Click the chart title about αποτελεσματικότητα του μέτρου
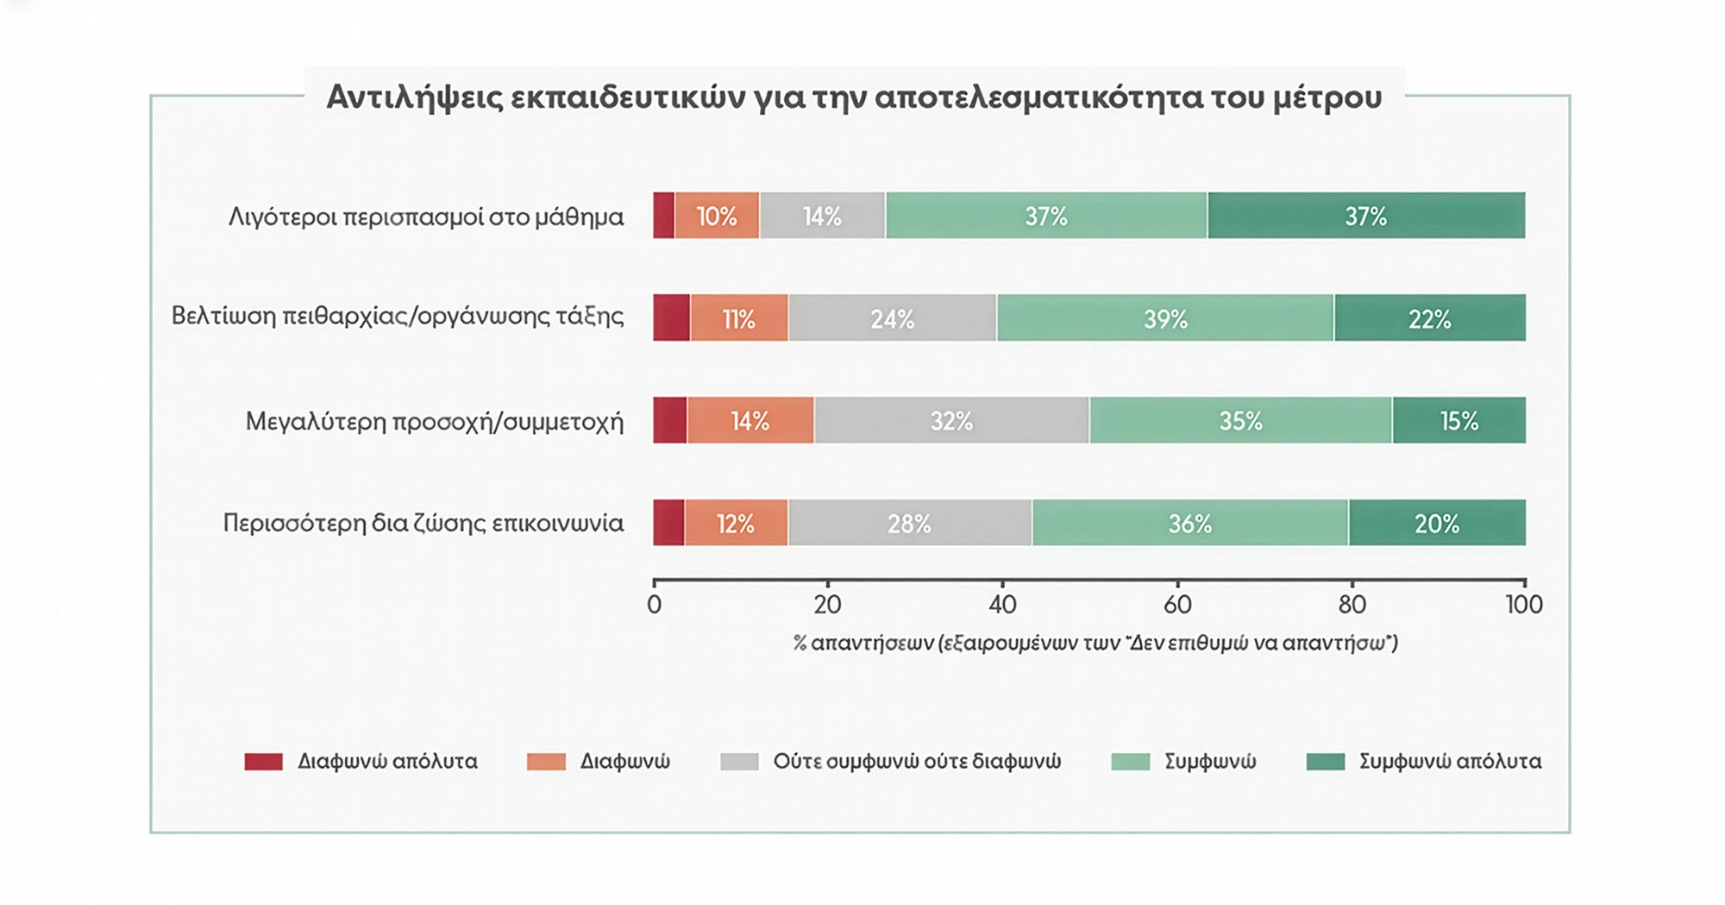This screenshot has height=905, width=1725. pyautogui.click(x=854, y=97)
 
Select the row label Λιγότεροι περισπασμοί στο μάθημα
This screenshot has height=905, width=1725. pyautogui.click(x=426, y=217)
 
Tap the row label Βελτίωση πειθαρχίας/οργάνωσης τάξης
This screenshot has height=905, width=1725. pyautogui.click(x=398, y=317)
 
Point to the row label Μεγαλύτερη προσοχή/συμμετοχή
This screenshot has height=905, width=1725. pyautogui.click(x=435, y=422)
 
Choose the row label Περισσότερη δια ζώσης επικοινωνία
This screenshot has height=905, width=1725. pyautogui.click(x=423, y=524)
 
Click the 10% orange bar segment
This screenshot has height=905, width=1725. pyautogui.click(x=717, y=216)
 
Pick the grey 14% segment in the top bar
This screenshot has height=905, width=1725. pyautogui.click(x=822, y=216)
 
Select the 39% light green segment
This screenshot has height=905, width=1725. pyautogui.click(x=1165, y=318)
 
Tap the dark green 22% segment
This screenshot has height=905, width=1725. pyautogui.click(x=1430, y=318)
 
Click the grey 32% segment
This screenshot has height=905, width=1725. pyautogui.click(x=951, y=420)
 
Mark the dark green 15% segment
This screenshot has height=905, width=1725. pyautogui.click(x=1458, y=420)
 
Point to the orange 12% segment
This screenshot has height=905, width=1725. pyautogui.click(x=736, y=523)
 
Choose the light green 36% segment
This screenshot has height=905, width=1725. pyautogui.click(x=1190, y=523)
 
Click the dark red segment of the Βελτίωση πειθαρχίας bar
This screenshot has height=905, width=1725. pyautogui.click(x=672, y=318)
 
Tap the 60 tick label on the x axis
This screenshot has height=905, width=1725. pyautogui.click(x=1177, y=605)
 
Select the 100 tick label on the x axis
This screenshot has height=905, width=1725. pyautogui.click(x=1524, y=605)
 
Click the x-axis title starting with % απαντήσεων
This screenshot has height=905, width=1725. pyautogui.click(x=1095, y=644)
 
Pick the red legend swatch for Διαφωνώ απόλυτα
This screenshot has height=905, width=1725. pyautogui.click(x=264, y=762)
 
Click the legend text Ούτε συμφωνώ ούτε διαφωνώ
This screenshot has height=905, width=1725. pyautogui.click(x=917, y=762)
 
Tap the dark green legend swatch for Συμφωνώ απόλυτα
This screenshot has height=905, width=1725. pyautogui.click(x=1326, y=762)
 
